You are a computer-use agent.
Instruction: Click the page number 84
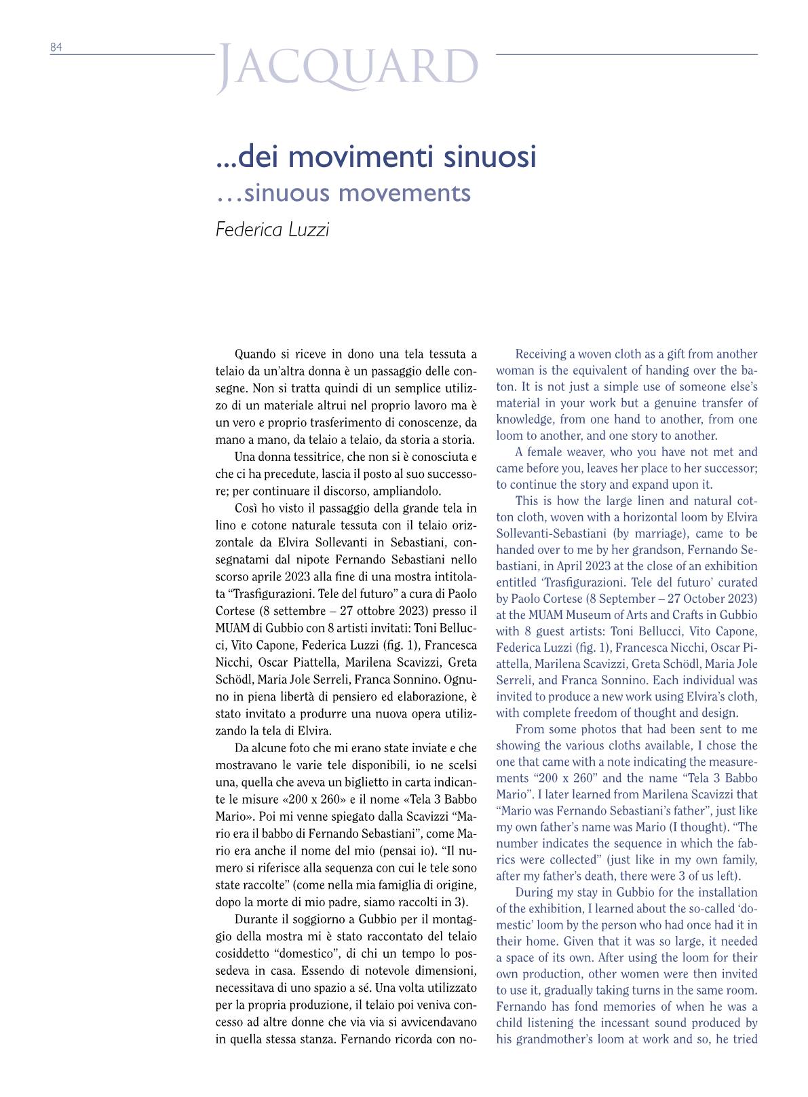(x=56, y=47)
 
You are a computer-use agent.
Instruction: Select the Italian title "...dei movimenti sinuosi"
(x=376, y=157)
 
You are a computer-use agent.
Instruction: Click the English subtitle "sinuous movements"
(x=358, y=193)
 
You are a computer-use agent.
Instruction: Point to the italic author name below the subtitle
(x=272, y=229)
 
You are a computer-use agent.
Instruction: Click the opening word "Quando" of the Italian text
(x=255, y=354)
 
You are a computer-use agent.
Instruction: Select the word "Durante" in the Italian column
(x=256, y=920)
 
